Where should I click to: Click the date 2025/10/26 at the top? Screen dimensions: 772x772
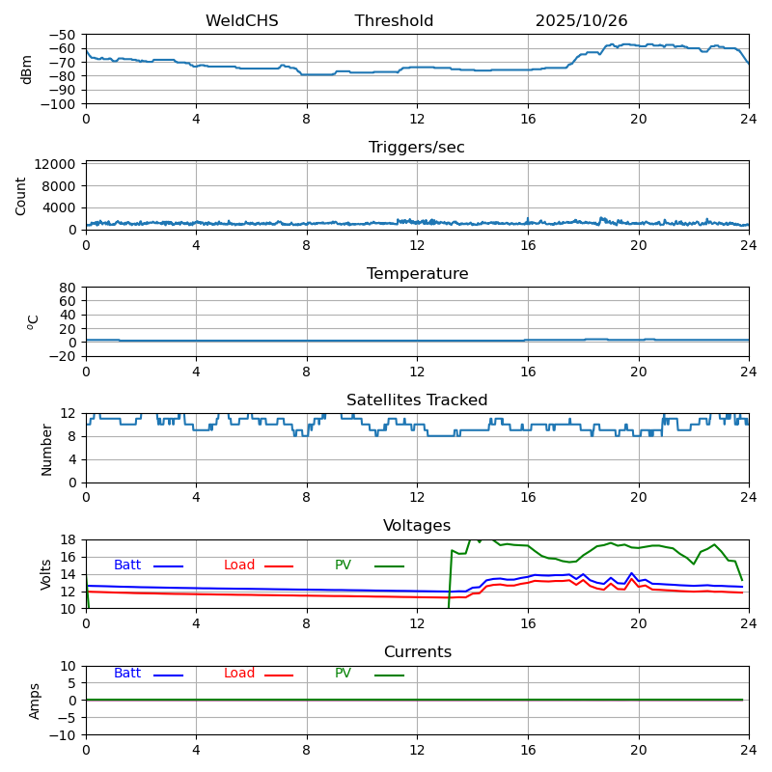(581, 21)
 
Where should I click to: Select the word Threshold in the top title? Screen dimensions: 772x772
(394, 21)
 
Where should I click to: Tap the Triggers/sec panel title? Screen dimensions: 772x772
(417, 148)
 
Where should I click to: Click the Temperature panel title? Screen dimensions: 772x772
(417, 274)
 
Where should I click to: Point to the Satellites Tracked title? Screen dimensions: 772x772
(417, 400)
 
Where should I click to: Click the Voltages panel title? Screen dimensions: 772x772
(417, 526)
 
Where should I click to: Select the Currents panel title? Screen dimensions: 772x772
(417, 652)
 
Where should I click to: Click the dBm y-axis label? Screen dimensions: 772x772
(27, 69)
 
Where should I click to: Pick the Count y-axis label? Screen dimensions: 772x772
(21, 195)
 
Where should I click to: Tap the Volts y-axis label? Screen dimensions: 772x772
(46, 574)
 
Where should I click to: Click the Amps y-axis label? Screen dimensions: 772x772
(35, 701)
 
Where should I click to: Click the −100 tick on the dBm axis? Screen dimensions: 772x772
(60, 104)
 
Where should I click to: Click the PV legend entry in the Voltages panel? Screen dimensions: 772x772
(344, 565)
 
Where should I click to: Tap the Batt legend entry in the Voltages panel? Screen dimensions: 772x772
(127, 565)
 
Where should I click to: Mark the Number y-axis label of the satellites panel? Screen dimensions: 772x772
(46, 449)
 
